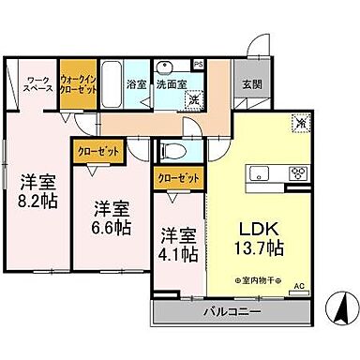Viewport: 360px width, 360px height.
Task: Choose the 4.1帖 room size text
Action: click(x=176, y=254)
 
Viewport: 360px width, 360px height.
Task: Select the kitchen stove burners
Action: click(x=299, y=172)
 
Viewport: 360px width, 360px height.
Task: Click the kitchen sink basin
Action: click(x=257, y=172)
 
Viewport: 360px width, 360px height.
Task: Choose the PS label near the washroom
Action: click(x=199, y=65)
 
